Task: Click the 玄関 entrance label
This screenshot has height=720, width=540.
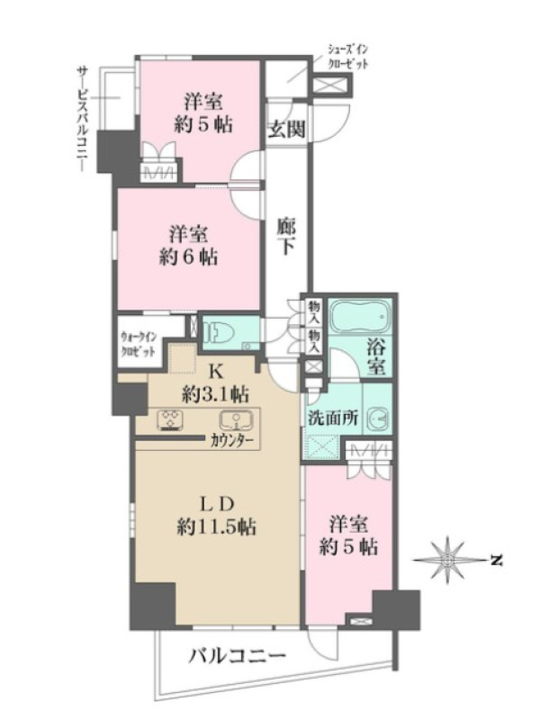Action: pyautogui.click(x=287, y=129)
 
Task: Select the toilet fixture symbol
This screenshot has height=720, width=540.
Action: pyautogui.click(x=216, y=332)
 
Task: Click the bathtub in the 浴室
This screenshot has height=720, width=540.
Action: pyautogui.click(x=359, y=318)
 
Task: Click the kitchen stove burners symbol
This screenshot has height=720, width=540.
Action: pyautogui.click(x=171, y=419)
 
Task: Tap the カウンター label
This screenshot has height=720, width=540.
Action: pyautogui.click(x=231, y=441)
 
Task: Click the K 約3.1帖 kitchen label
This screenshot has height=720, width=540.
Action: pyautogui.click(x=215, y=383)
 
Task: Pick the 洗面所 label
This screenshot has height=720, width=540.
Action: pyautogui.click(x=332, y=418)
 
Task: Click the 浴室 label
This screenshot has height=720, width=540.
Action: pyautogui.click(x=375, y=357)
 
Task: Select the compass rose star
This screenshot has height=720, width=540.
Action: pyautogui.click(x=446, y=560)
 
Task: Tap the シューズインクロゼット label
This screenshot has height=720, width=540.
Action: pyautogui.click(x=347, y=57)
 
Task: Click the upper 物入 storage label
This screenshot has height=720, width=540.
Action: pyautogui.click(x=314, y=310)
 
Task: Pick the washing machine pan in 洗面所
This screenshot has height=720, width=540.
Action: pyautogui.click(x=321, y=447)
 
